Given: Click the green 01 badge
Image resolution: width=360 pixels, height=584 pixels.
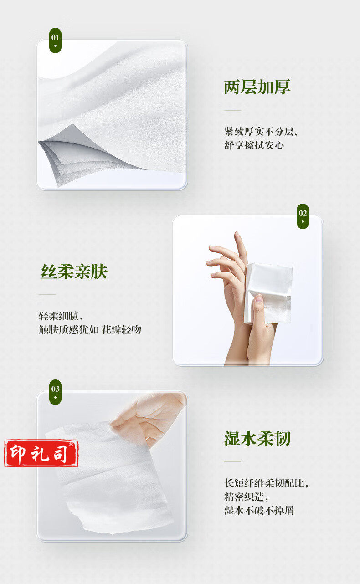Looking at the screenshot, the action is click(x=55, y=41).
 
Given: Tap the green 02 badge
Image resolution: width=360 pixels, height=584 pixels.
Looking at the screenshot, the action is click(x=303, y=216).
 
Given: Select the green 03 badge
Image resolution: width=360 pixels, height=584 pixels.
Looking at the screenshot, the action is click(x=55, y=392).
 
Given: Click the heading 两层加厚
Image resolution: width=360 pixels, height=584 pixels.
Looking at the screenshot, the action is click(x=257, y=87).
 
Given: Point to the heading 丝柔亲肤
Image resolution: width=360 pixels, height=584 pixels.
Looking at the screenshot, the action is click(x=74, y=272).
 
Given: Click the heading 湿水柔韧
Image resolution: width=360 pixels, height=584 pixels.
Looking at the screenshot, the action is click(x=257, y=439).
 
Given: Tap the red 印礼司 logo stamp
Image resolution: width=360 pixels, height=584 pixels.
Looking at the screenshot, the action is click(x=41, y=453).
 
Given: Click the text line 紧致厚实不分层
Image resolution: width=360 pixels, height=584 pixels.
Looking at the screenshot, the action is click(x=260, y=131).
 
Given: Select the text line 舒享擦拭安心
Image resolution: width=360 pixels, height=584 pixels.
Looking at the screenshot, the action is click(x=254, y=145).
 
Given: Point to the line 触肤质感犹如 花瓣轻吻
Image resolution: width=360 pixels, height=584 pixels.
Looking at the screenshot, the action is click(x=90, y=329).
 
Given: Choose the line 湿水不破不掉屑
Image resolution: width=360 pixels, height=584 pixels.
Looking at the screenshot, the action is click(x=259, y=510).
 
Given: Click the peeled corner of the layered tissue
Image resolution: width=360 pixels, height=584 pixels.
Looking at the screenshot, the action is click(x=78, y=154).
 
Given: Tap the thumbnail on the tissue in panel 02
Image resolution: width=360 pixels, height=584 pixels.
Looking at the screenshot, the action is click(x=259, y=298).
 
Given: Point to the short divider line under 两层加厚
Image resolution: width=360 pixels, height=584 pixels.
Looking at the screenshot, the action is click(x=232, y=110).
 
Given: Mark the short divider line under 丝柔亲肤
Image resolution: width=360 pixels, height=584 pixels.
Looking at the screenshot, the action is click(x=47, y=294).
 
